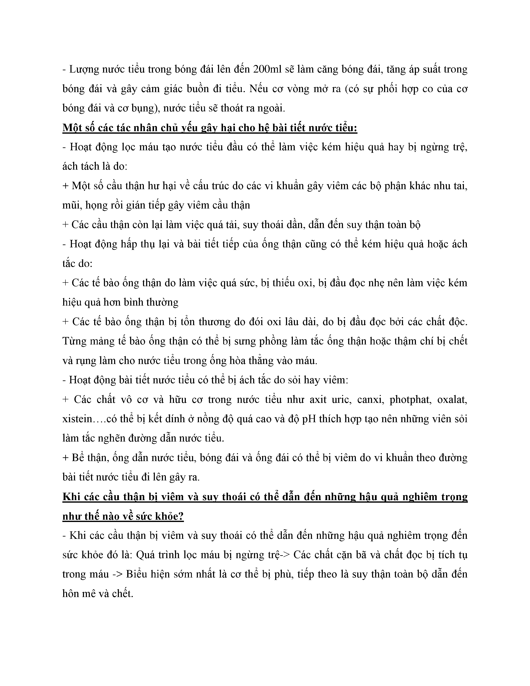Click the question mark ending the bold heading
point(181,516)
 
